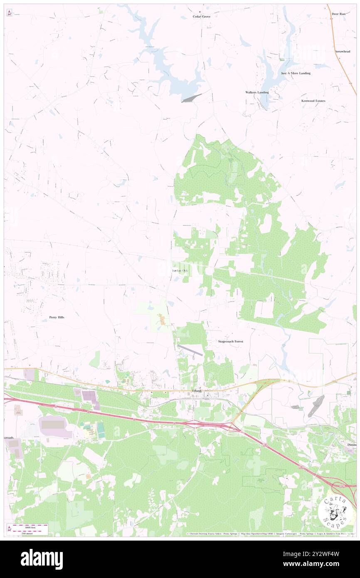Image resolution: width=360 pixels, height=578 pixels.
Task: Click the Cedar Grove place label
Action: point(202,17)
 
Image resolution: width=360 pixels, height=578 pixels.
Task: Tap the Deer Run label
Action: point(339,14)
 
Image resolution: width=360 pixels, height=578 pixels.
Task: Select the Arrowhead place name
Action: point(343,52)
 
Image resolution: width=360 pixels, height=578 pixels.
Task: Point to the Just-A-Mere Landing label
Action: point(296,73)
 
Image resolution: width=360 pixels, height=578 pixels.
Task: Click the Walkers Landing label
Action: point(257,92)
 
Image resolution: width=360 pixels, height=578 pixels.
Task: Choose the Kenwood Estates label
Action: point(313,101)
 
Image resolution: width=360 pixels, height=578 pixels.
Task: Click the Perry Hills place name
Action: point(57,317)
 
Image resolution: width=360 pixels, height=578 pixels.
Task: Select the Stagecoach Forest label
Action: point(231,341)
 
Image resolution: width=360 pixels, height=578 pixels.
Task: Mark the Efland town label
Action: point(197,391)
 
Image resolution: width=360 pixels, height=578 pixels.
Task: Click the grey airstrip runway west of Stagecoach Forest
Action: point(190,350)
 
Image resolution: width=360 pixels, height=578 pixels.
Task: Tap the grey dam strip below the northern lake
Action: point(191,98)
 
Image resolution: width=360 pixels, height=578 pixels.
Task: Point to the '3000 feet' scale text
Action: point(30,526)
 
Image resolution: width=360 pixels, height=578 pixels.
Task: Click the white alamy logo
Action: point(42,559)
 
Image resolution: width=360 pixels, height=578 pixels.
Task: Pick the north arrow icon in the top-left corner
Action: point(10,12)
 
